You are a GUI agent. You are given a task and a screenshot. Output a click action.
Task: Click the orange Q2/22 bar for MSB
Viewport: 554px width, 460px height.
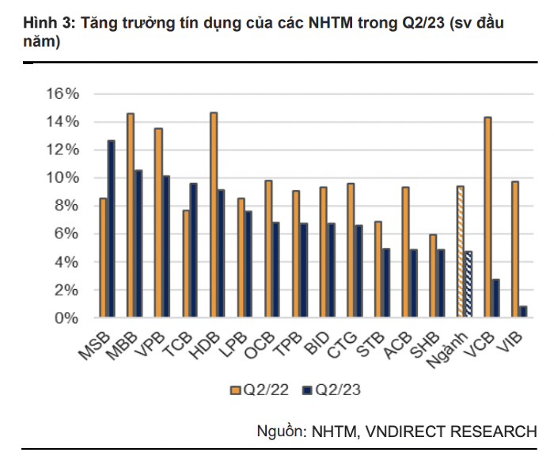pyautogui.click(x=103, y=258)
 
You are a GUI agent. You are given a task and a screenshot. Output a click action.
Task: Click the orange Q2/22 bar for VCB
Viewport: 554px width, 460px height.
pyautogui.click(x=488, y=218)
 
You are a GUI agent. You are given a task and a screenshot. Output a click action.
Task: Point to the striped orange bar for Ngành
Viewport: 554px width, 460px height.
pyautogui.click(x=460, y=252)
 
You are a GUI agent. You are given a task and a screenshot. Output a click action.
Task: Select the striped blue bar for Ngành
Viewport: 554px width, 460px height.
pyautogui.click(x=469, y=284)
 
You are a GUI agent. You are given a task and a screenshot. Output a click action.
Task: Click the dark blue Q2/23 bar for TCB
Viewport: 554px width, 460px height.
pyautogui.click(x=194, y=251)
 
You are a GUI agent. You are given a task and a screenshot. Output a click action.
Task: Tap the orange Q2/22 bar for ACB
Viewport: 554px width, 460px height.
pyautogui.click(x=405, y=253)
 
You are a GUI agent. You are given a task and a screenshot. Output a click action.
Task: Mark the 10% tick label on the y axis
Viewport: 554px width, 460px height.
pyautogui.click(x=63, y=178)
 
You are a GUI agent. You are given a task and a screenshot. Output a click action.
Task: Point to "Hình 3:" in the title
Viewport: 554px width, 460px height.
pyautogui.click(x=44, y=24)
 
